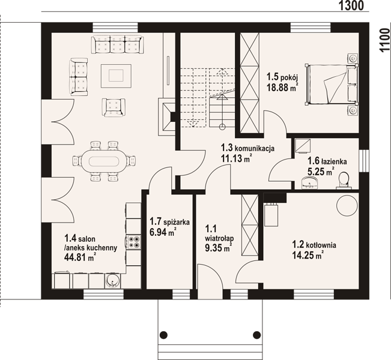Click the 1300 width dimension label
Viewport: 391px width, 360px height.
(351, 5)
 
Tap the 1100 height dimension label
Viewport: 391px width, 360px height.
(385, 40)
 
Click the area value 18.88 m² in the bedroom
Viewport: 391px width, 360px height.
(282, 88)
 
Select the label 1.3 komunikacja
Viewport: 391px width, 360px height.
(247, 148)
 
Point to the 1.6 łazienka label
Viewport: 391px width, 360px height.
(327, 161)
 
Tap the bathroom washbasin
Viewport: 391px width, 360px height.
(310, 182)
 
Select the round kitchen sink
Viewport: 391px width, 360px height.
(112, 281)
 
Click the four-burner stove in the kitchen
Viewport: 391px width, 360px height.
(133, 242)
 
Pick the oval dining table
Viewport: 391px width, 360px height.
(104, 161)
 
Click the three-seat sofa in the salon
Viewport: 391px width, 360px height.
(117, 44)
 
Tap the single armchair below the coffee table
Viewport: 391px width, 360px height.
(114, 107)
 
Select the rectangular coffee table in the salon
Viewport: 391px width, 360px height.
(116, 76)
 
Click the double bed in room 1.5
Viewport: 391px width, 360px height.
(331, 84)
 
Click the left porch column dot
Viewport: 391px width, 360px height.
(163, 335)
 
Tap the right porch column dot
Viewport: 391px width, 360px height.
(256, 335)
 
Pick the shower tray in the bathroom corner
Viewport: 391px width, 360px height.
(303, 146)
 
